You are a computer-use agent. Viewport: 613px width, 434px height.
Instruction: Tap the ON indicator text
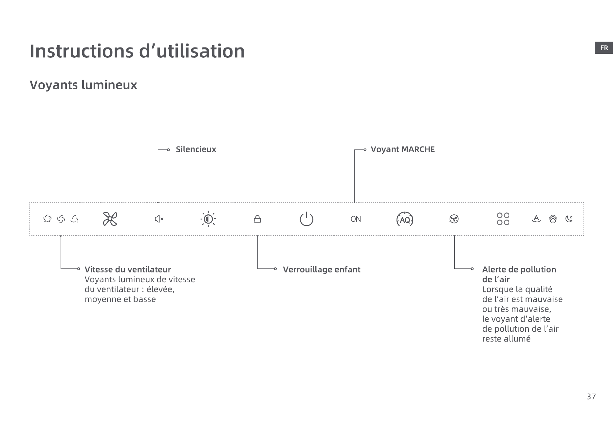point(356,219)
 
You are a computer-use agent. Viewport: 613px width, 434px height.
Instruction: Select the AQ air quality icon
point(405,219)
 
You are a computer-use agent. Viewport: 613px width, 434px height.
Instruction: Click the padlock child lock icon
point(257,219)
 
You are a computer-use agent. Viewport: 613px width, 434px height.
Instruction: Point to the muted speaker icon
point(159,219)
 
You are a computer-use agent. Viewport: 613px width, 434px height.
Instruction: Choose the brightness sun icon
point(208,219)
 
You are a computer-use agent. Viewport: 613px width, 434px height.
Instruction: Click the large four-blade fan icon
point(110,219)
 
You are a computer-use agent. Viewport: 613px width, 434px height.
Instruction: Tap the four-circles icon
point(503,219)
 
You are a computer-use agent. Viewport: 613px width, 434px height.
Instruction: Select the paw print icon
point(553,219)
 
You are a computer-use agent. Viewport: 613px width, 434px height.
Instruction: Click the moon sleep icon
point(569,219)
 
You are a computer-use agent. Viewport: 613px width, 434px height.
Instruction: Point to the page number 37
point(591,397)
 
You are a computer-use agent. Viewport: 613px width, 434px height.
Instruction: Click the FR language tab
point(604,48)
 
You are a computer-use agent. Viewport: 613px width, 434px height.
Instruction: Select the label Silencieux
point(196,149)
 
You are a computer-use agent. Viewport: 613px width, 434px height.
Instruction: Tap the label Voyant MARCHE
point(403,149)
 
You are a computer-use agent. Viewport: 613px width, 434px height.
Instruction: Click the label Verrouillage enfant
point(322,269)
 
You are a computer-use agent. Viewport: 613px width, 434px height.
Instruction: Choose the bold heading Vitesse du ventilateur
point(128,269)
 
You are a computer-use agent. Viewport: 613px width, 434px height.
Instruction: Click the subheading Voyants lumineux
point(84,85)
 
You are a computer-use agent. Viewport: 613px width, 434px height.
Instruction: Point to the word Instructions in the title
point(82,51)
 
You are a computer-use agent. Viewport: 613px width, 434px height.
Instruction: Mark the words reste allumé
point(506,339)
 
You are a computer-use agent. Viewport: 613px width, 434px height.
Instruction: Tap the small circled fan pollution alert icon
point(454,219)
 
